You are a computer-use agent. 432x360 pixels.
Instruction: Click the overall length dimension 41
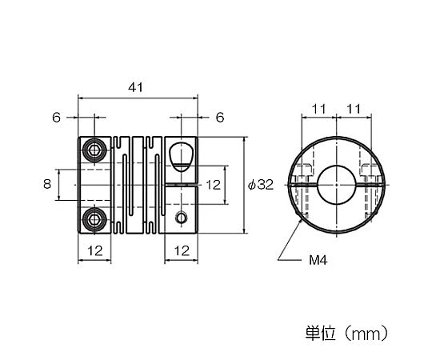(x=135, y=87)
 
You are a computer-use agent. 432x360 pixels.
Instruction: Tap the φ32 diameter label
(x=261, y=185)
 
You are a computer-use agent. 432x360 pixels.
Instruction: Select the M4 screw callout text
(x=318, y=260)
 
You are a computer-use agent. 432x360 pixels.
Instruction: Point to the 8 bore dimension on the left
(x=47, y=184)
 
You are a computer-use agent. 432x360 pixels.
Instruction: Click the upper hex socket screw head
(x=94, y=150)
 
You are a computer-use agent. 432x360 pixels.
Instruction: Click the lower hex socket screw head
(x=94, y=219)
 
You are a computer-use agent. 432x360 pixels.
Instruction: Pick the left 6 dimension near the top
(x=56, y=118)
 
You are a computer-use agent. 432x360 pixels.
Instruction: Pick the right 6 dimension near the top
(x=220, y=118)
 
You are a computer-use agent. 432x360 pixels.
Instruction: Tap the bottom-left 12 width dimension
(x=95, y=251)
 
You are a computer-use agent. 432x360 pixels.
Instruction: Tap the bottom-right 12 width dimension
(x=182, y=251)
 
